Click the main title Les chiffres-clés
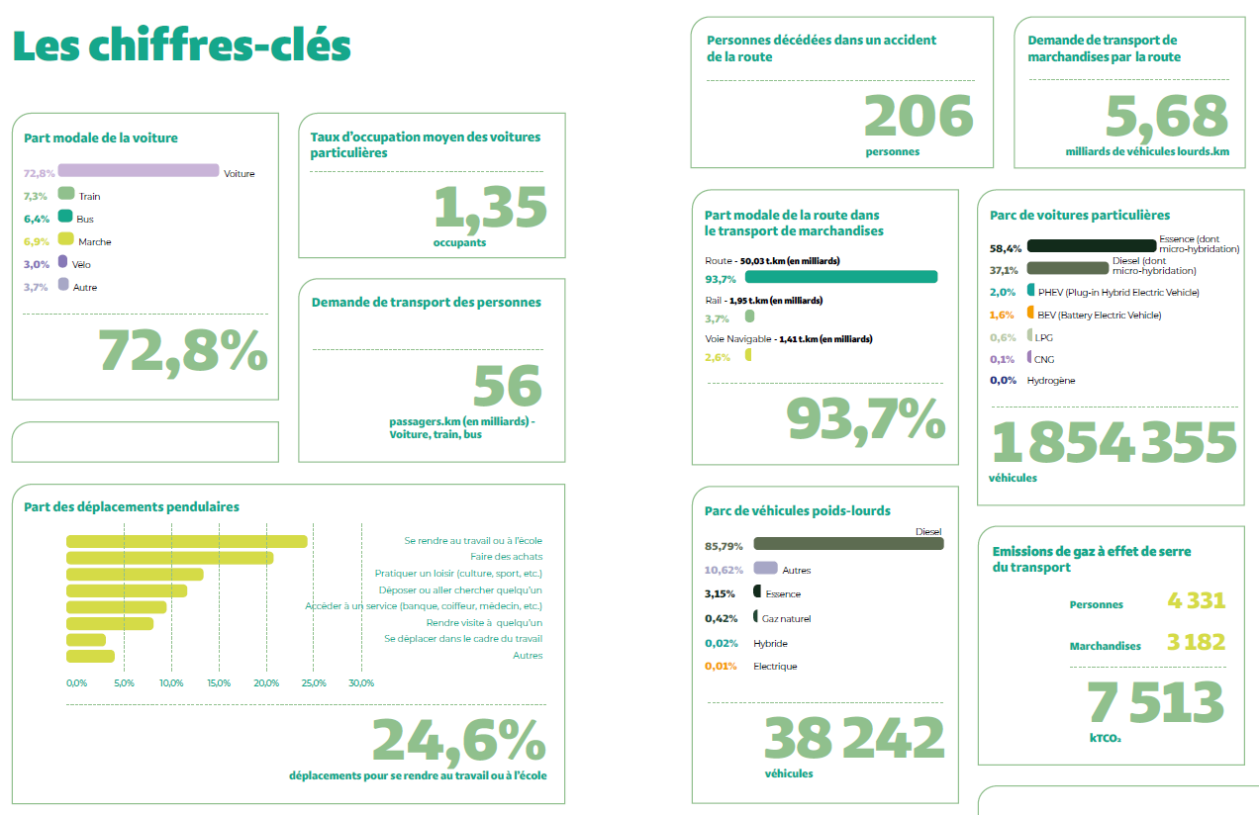point(182,45)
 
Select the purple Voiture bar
point(145,171)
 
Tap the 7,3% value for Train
point(37,196)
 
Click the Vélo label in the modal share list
point(82,265)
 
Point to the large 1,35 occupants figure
point(490,208)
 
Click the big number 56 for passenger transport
point(507,387)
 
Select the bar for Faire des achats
point(169,558)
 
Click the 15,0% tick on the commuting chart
point(218,683)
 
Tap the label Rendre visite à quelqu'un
point(484,622)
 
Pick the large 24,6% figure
point(458,740)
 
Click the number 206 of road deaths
point(919,116)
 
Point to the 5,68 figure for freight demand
point(1166,117)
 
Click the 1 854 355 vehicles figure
point(1114,442)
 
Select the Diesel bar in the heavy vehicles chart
point(848,544)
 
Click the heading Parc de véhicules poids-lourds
point(797,511)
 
